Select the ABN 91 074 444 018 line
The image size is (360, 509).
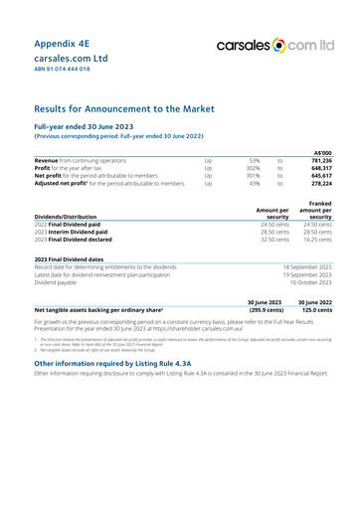[63, 71]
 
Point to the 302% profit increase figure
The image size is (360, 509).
[255, 167]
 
